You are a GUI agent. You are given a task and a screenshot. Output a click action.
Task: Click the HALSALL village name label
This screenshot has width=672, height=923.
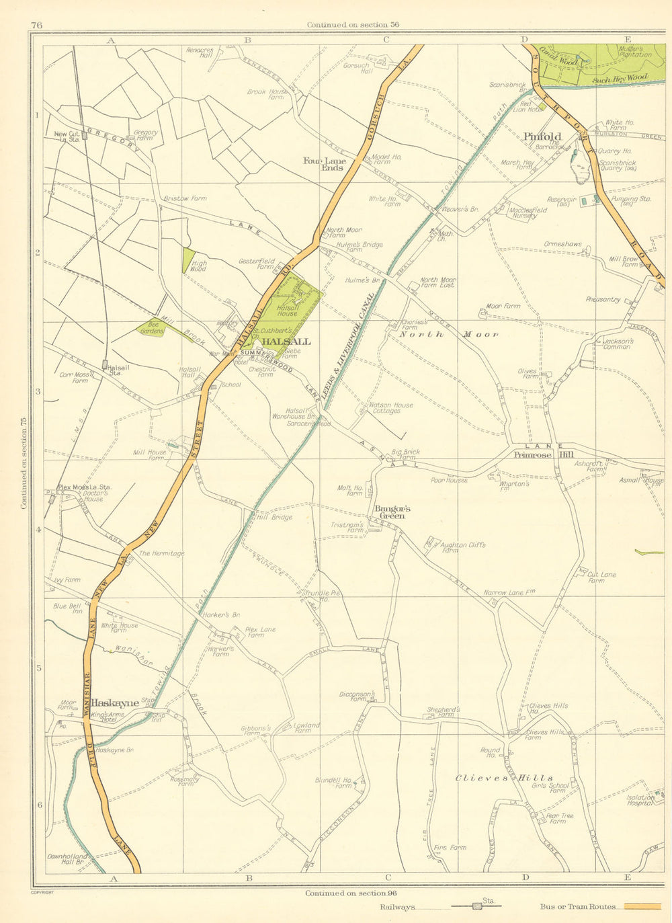click(x=286, y=342)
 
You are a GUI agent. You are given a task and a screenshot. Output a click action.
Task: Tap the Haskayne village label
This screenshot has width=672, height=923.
click(x=120, y=703)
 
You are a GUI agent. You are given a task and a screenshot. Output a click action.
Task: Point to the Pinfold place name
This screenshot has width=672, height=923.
click(x=542, y=136)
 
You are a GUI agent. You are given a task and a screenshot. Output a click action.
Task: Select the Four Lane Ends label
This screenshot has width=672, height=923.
click(x=325, y=164)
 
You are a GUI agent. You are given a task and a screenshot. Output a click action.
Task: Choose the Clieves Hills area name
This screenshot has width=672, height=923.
click(x=504, y=778)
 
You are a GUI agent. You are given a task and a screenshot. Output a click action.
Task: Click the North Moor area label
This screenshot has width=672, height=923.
click(x=449, y=334)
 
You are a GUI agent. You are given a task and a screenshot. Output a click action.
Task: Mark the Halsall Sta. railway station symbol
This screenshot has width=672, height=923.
click(x=105, y=365)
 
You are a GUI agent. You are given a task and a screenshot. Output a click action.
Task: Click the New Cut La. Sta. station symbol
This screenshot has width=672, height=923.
click(x=85, y=135)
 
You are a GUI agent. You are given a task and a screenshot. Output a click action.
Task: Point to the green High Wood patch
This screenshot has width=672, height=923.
click(x=189, y=259)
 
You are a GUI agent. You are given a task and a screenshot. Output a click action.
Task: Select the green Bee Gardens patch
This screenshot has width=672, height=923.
click(x=152, y=327)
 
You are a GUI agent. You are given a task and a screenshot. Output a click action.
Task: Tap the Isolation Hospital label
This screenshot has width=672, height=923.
click(x=640, y=799)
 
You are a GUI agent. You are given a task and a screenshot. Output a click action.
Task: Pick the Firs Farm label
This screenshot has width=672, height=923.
click(x=450, y=848)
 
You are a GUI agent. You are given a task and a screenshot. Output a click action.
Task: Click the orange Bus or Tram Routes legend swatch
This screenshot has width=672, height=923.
click(x=642, y=907)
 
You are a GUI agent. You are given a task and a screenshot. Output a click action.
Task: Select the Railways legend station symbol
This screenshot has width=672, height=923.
click(x=477, y=906)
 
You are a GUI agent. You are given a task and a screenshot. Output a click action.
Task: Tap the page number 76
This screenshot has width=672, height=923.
click(x=36, y=26)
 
